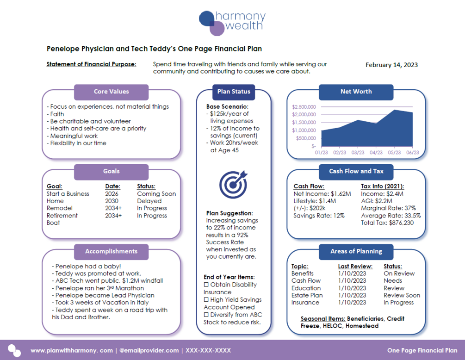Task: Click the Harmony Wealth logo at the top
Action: coord(232,23)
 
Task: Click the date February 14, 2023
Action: coord(391,65)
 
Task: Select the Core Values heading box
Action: coord(111,92)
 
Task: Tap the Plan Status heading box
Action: coord(234,92)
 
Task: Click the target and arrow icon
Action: coord(233,184)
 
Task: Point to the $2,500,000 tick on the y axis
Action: coord(304,107)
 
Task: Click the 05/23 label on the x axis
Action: coord(394,152)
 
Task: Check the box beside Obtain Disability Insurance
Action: coord(206,285)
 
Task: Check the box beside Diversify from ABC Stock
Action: coord(206,315)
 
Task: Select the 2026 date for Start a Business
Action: coord(112,194)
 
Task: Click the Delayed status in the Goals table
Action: coord(149,201)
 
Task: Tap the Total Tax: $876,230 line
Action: coord(387,223)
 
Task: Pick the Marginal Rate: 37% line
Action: coord(388,208)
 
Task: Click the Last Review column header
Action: coord(355,266)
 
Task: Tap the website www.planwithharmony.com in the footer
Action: coord(71,350)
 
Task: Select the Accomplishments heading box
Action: coord(111,251)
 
